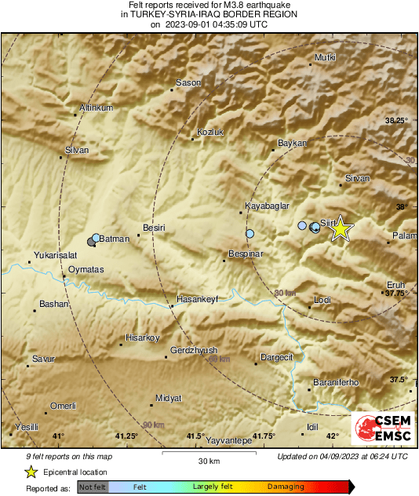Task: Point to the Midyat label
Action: tap(168, 399)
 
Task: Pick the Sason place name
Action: tap(188, 82)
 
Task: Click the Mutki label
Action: tap(325, 58)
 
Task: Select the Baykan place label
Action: tap(291, 144)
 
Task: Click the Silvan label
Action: tap(77, 149)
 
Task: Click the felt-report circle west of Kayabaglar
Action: tap(250, 234)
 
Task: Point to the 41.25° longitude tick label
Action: tap(126, 436)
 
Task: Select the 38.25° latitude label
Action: tap(398, 120)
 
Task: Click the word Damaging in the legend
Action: tap(286, 487)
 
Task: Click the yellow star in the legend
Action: tap(31, 472)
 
